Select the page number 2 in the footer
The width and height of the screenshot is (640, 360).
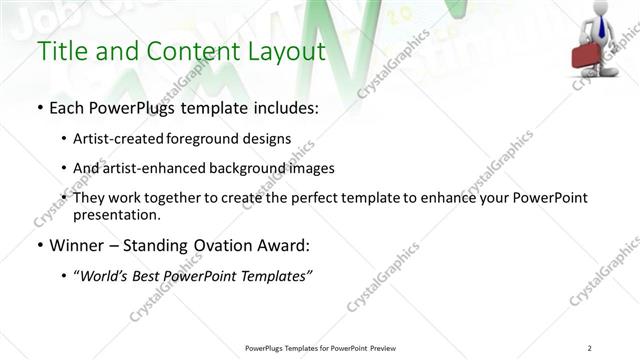pos(590,348)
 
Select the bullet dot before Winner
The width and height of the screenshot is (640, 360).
pos(39,246)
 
